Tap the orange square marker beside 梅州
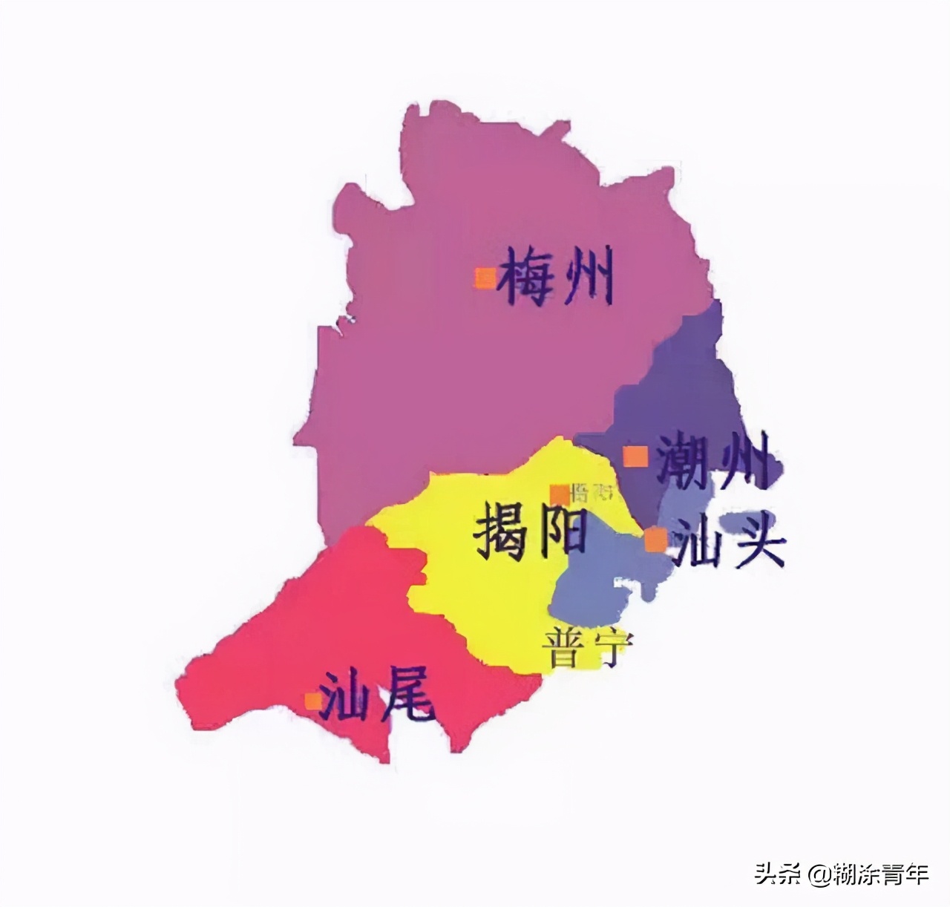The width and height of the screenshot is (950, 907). point(485,278)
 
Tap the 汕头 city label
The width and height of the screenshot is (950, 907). point(726,543)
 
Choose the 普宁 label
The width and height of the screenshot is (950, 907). point(586,648)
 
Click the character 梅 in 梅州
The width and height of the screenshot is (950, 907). point(527,278)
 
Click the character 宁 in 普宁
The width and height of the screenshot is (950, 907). point(610,648)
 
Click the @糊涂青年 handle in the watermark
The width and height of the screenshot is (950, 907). point(869,874)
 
